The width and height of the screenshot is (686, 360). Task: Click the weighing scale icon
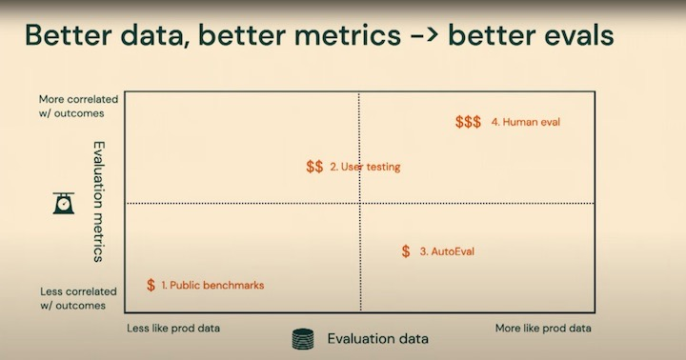click(64, 203)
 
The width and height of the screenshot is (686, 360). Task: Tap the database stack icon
click(303, 339)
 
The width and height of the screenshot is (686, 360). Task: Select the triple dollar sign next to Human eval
click(468, 122)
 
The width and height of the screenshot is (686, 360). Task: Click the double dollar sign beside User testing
click(314, 167)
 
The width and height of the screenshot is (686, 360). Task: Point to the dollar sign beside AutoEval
click(406, 251)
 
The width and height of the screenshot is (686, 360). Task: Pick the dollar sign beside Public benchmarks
click(151, 285)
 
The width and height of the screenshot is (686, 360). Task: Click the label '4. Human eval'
click(525, 122)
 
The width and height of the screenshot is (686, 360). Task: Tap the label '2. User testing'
click(365, 167)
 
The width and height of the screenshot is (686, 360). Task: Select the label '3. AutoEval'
click(447, 251)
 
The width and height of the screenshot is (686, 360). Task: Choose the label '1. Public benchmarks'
click(212, 285)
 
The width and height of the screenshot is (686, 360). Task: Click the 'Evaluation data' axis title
click(378, 338)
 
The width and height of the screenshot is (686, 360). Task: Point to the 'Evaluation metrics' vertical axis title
click(98, 202)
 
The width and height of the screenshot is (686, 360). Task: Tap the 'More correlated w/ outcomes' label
click(78, 107)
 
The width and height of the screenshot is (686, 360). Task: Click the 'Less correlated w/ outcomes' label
click(78, 298)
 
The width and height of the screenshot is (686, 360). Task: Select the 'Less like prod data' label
click(173, 328)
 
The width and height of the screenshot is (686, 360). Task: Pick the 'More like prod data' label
click(543, 328)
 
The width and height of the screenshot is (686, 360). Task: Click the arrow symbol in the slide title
click(425, 35)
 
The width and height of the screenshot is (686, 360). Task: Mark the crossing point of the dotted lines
click(359, 203)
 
